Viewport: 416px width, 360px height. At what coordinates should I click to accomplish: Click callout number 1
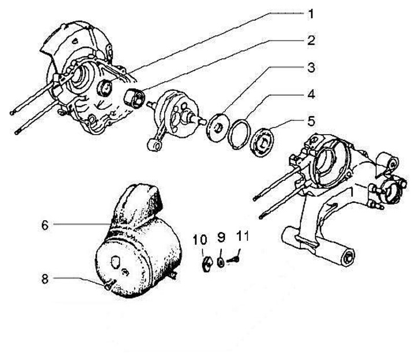tap(311, 13)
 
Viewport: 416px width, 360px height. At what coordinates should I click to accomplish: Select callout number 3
tap(311, 68)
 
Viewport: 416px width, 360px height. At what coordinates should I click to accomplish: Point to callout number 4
tap(311, 94)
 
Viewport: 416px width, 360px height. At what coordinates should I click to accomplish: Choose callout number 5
tap(311, 121)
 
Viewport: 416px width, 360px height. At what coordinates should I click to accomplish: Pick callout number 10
tap(203, 237)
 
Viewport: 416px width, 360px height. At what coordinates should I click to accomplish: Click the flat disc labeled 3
tap(218, 127)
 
